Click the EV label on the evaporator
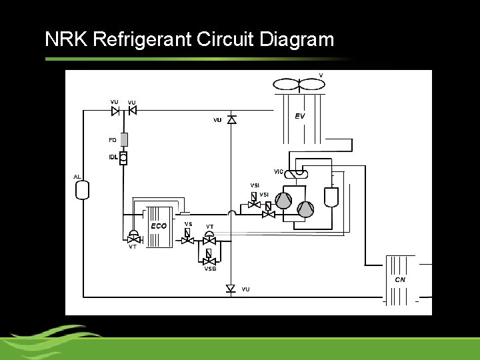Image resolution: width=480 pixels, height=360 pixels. point(300,116)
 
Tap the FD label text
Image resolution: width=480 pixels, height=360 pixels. point(112,140)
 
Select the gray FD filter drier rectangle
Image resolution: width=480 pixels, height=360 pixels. point(123,140)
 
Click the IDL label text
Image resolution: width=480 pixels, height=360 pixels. point(113,157)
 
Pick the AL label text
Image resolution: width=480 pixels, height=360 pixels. point(77,177)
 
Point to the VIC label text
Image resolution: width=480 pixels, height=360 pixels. point(279,171)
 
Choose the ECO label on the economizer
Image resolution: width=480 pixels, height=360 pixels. point(159,226)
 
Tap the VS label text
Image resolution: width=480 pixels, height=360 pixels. point(188,224)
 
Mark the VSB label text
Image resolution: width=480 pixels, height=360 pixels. point(210,269)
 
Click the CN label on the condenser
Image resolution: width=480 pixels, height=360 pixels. point(400,280)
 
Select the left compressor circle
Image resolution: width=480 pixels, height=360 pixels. point(284,201)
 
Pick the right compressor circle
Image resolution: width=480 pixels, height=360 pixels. point(305,209)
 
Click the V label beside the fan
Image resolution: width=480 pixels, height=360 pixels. point(321,75)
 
